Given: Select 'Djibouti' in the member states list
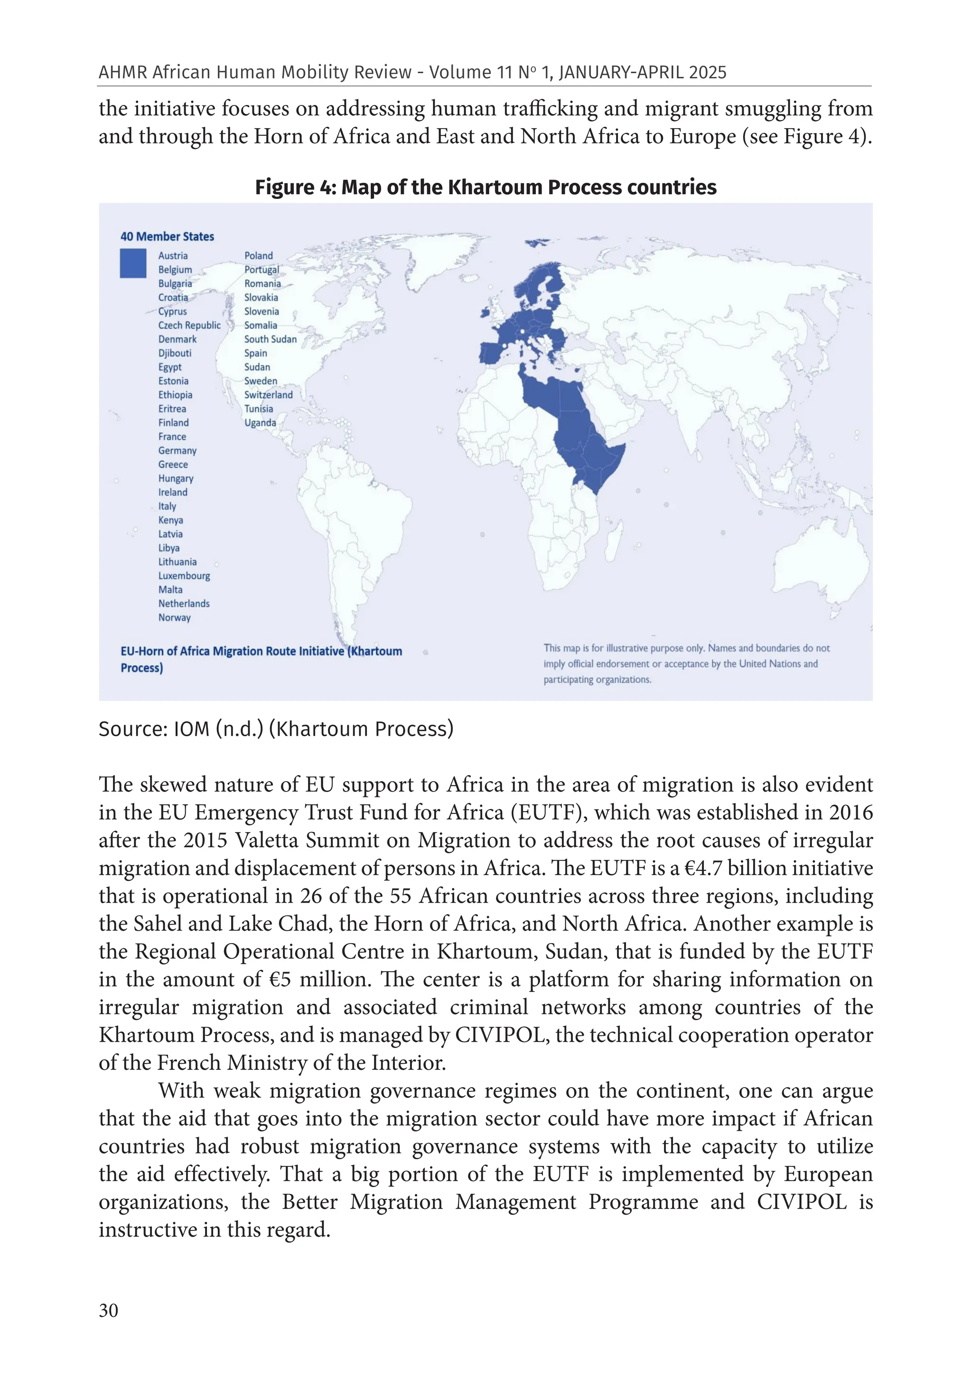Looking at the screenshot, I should (175, 353).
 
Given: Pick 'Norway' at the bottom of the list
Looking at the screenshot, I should (174, 618).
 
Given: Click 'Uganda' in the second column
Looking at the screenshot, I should (260, 423).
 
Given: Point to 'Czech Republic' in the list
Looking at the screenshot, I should (189, 326).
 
